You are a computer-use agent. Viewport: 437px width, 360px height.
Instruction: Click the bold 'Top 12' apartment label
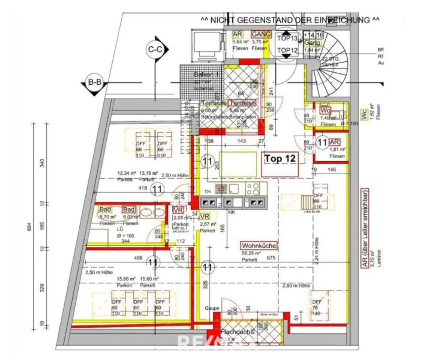(280, 159)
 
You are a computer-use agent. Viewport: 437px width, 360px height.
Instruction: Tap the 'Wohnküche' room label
(259, 246)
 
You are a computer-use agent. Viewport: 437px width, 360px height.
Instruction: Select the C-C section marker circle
(155, 50)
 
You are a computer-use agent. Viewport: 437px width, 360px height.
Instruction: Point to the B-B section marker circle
(95, 82)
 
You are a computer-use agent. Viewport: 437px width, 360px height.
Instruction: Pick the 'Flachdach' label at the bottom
(235, 332)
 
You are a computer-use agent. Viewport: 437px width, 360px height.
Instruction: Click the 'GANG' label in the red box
(261, 34)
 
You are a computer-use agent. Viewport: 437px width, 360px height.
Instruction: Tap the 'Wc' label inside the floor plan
(325, 111)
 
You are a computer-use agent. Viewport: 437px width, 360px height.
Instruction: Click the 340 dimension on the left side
(42, 163)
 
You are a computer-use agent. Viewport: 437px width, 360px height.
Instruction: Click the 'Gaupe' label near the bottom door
(212, 308)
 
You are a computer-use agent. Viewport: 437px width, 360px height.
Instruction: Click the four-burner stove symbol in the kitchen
(253, 189)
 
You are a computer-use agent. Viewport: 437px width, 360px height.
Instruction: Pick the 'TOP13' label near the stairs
(287, 38)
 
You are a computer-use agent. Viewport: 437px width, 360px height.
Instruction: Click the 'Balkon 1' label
(203, 74)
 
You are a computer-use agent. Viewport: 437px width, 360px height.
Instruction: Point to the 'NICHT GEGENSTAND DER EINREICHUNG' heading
(290, 20)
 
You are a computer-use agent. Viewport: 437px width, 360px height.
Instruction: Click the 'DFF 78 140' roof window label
(316, 308)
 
